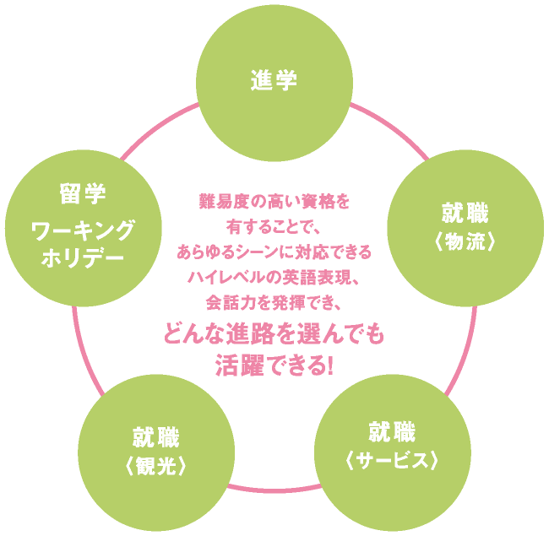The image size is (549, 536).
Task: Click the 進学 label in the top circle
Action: tap(274, 81)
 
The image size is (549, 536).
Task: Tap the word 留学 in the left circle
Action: tap(83, 195)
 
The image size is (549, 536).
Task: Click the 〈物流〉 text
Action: tap(464, 241)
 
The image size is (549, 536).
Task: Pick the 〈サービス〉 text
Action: tap(391, 461)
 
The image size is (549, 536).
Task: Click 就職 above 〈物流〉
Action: tap(465, 211)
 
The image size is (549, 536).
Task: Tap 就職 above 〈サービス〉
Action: tap(391, 433)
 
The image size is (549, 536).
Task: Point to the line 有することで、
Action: tap(274, 227)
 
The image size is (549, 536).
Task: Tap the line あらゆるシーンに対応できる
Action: tap(274, 252)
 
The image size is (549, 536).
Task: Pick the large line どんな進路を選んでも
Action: tap(274, 335)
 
